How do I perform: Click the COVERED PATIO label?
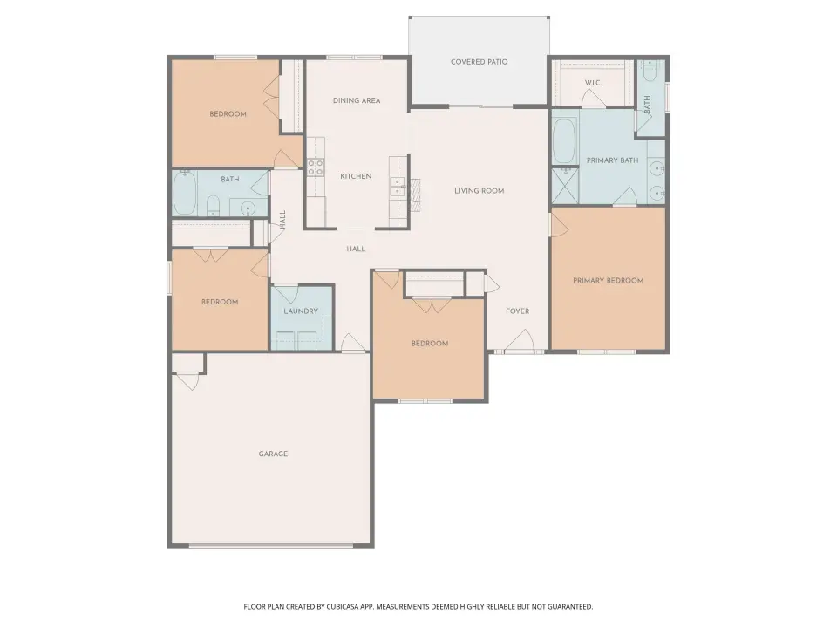[479, 62]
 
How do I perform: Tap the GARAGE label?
[273, 454]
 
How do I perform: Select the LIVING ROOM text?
[479, 191]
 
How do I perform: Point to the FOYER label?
[517, 311]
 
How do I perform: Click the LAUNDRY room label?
[301, 311]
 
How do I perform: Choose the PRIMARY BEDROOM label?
[608, 280]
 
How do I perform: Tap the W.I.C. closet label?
[593, 83]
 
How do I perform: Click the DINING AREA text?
[357, 100]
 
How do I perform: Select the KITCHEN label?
[356, 176]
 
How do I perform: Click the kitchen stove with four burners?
[316, 167]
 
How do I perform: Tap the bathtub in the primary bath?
[563, 141]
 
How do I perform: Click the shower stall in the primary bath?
[565, 186]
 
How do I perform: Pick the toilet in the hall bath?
[213, 206]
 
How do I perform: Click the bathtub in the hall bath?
[185, 193]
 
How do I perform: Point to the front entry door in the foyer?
[520, 343]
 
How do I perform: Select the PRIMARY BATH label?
[612, 160]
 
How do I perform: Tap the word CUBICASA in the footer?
[345, 607]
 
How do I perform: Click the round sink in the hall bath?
[247, 208]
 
